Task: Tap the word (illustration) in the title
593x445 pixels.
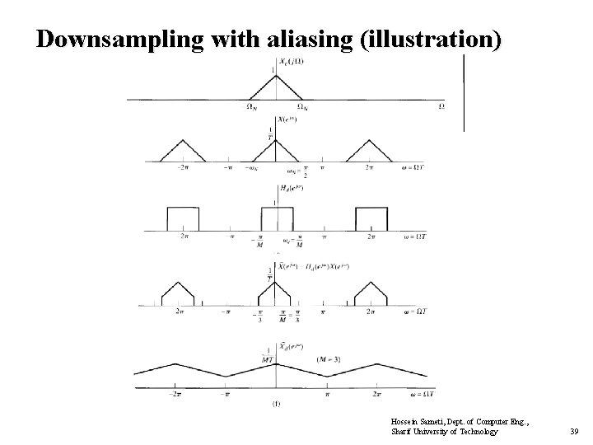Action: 429,40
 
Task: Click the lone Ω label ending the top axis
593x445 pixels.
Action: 442,106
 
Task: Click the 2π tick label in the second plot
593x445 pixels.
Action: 369,167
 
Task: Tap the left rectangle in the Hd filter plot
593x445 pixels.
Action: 183,218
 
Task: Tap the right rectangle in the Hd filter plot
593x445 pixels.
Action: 371,218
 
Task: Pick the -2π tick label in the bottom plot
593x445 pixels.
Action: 175,394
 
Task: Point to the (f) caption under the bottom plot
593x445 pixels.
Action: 275,405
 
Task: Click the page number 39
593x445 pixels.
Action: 574,432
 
